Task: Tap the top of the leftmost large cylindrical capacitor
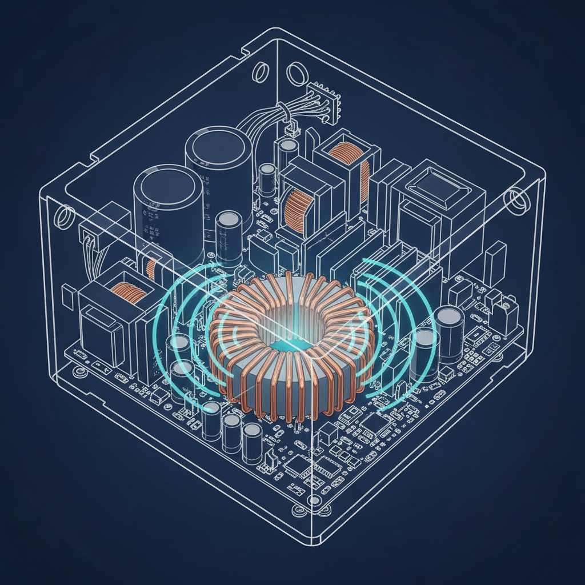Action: click(167, 182)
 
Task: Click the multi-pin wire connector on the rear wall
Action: click(323, 101)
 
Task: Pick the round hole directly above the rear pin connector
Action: click(296, 73)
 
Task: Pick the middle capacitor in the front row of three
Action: click(231, 428)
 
